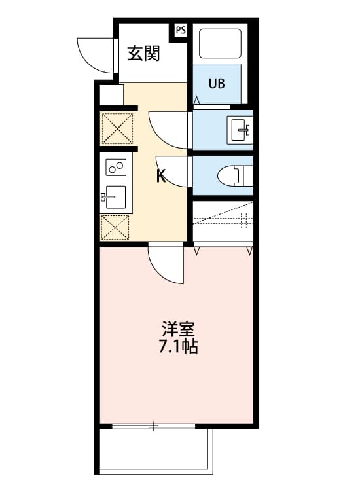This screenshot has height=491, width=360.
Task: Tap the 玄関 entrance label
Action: coord(143,54)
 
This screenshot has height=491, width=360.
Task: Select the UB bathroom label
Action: coord(217,83)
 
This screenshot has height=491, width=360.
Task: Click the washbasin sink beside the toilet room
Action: coord(240,128)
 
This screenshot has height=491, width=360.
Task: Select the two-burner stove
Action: coord(116,168)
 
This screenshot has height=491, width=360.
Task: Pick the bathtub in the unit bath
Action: coord(220,45)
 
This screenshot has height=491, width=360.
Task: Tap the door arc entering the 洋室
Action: coord(166,264)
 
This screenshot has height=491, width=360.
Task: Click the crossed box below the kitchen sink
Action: coord(116,227)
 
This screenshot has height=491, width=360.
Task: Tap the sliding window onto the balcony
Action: coord(154,427)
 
